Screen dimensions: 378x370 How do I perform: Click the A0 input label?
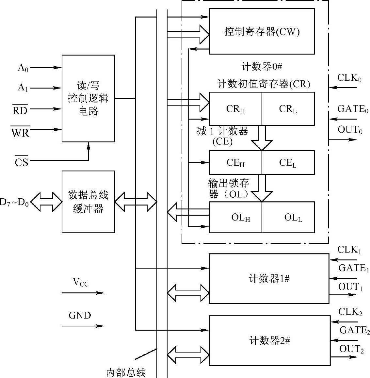pyautogui.click(x=23, y=68)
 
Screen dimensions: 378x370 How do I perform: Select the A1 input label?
pyautogui.click(x=23, y=88)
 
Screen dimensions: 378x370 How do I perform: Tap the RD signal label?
pyautogui.click(x=20, y=111)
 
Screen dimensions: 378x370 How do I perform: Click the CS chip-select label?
pyautogui.click(x=22, y=162)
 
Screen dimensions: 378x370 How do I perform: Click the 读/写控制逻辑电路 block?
pyautogui.click(x=88, y=98)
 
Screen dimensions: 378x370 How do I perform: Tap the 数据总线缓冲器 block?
pyautogui.click(x=88, y=202)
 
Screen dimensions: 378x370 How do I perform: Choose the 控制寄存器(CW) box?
pyautogui.click(x=262, y=31)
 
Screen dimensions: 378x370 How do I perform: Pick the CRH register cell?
pyautogui.click(x=235, y=109)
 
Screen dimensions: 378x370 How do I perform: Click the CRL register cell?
pyautogui.click(x=288, y=109)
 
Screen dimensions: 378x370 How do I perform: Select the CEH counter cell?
pyautogui.click(x=235, y=163)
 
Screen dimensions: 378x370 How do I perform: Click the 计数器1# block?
pyautogui.click(x=269, y=279)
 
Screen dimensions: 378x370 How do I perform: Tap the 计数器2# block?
pyautogui.click(x=269, y=341)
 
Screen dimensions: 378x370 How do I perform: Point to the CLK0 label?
pyautogui.click(x=349, y=78)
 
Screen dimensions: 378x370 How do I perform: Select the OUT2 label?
pyautogui.click(x=351, y=349)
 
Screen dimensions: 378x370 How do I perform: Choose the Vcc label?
pyautogui.click(x=80, y=282)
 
